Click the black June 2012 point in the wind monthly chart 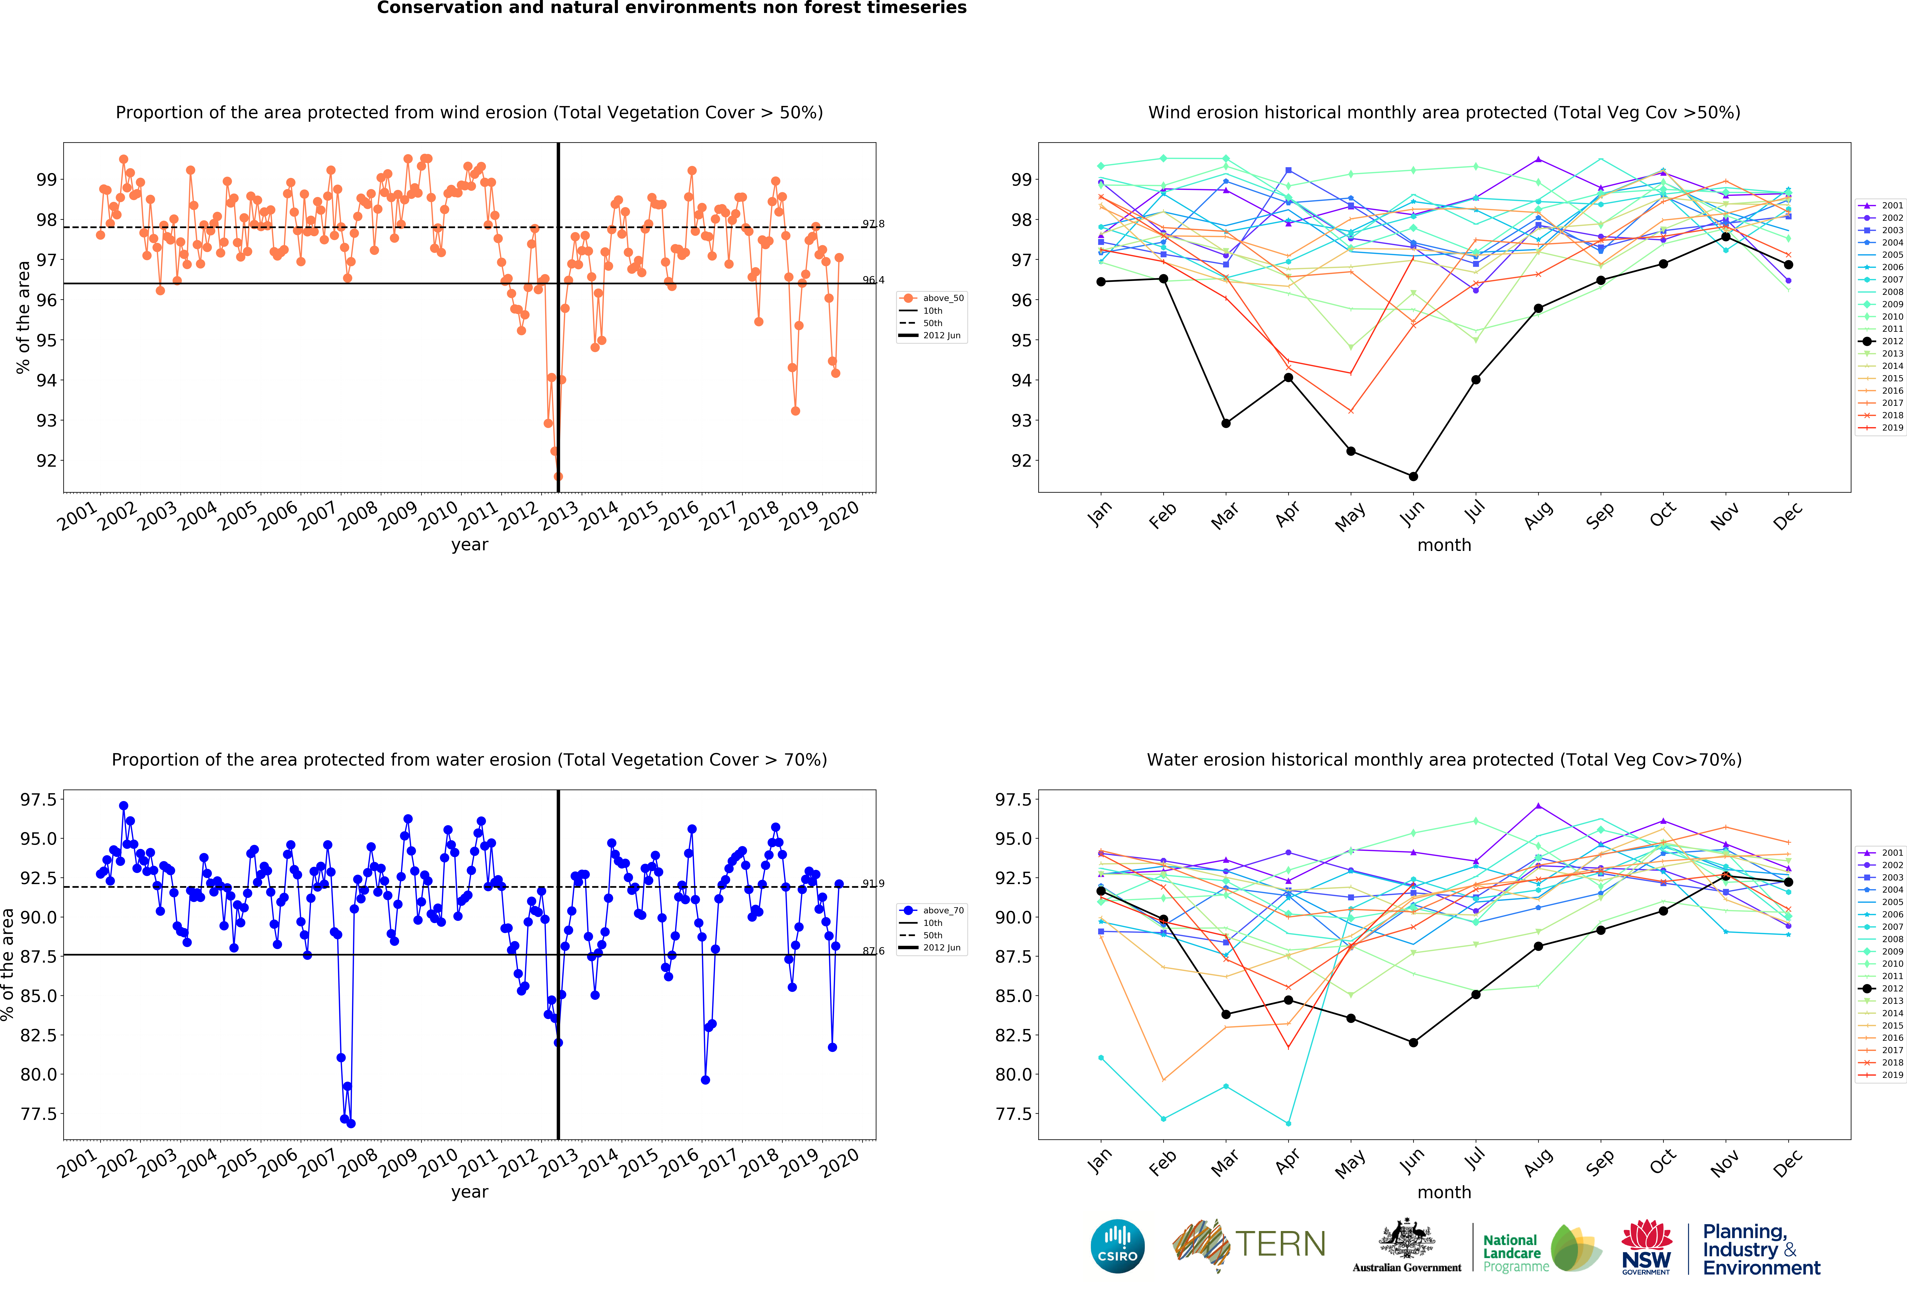[x=1413, y=476]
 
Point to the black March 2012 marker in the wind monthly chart [x=1226, y=423]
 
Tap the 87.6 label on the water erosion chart [x=873, y=951]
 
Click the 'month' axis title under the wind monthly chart [x=1444, y=545]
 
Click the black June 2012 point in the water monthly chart [x=1413, y=1042]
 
